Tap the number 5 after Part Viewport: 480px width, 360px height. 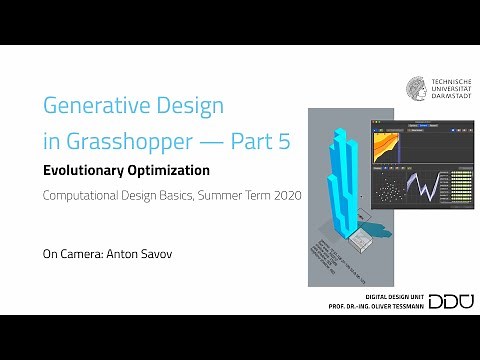[283, 141]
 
